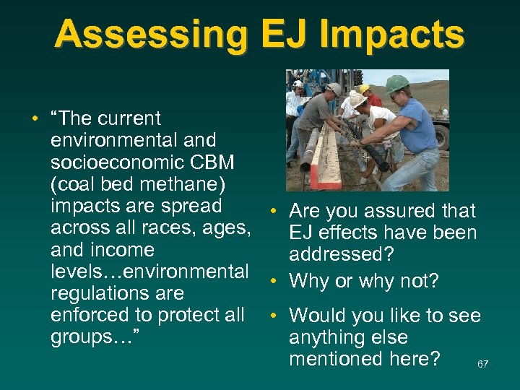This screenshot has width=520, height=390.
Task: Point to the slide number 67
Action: point(482,364)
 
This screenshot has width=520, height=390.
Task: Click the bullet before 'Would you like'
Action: point(275,316)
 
